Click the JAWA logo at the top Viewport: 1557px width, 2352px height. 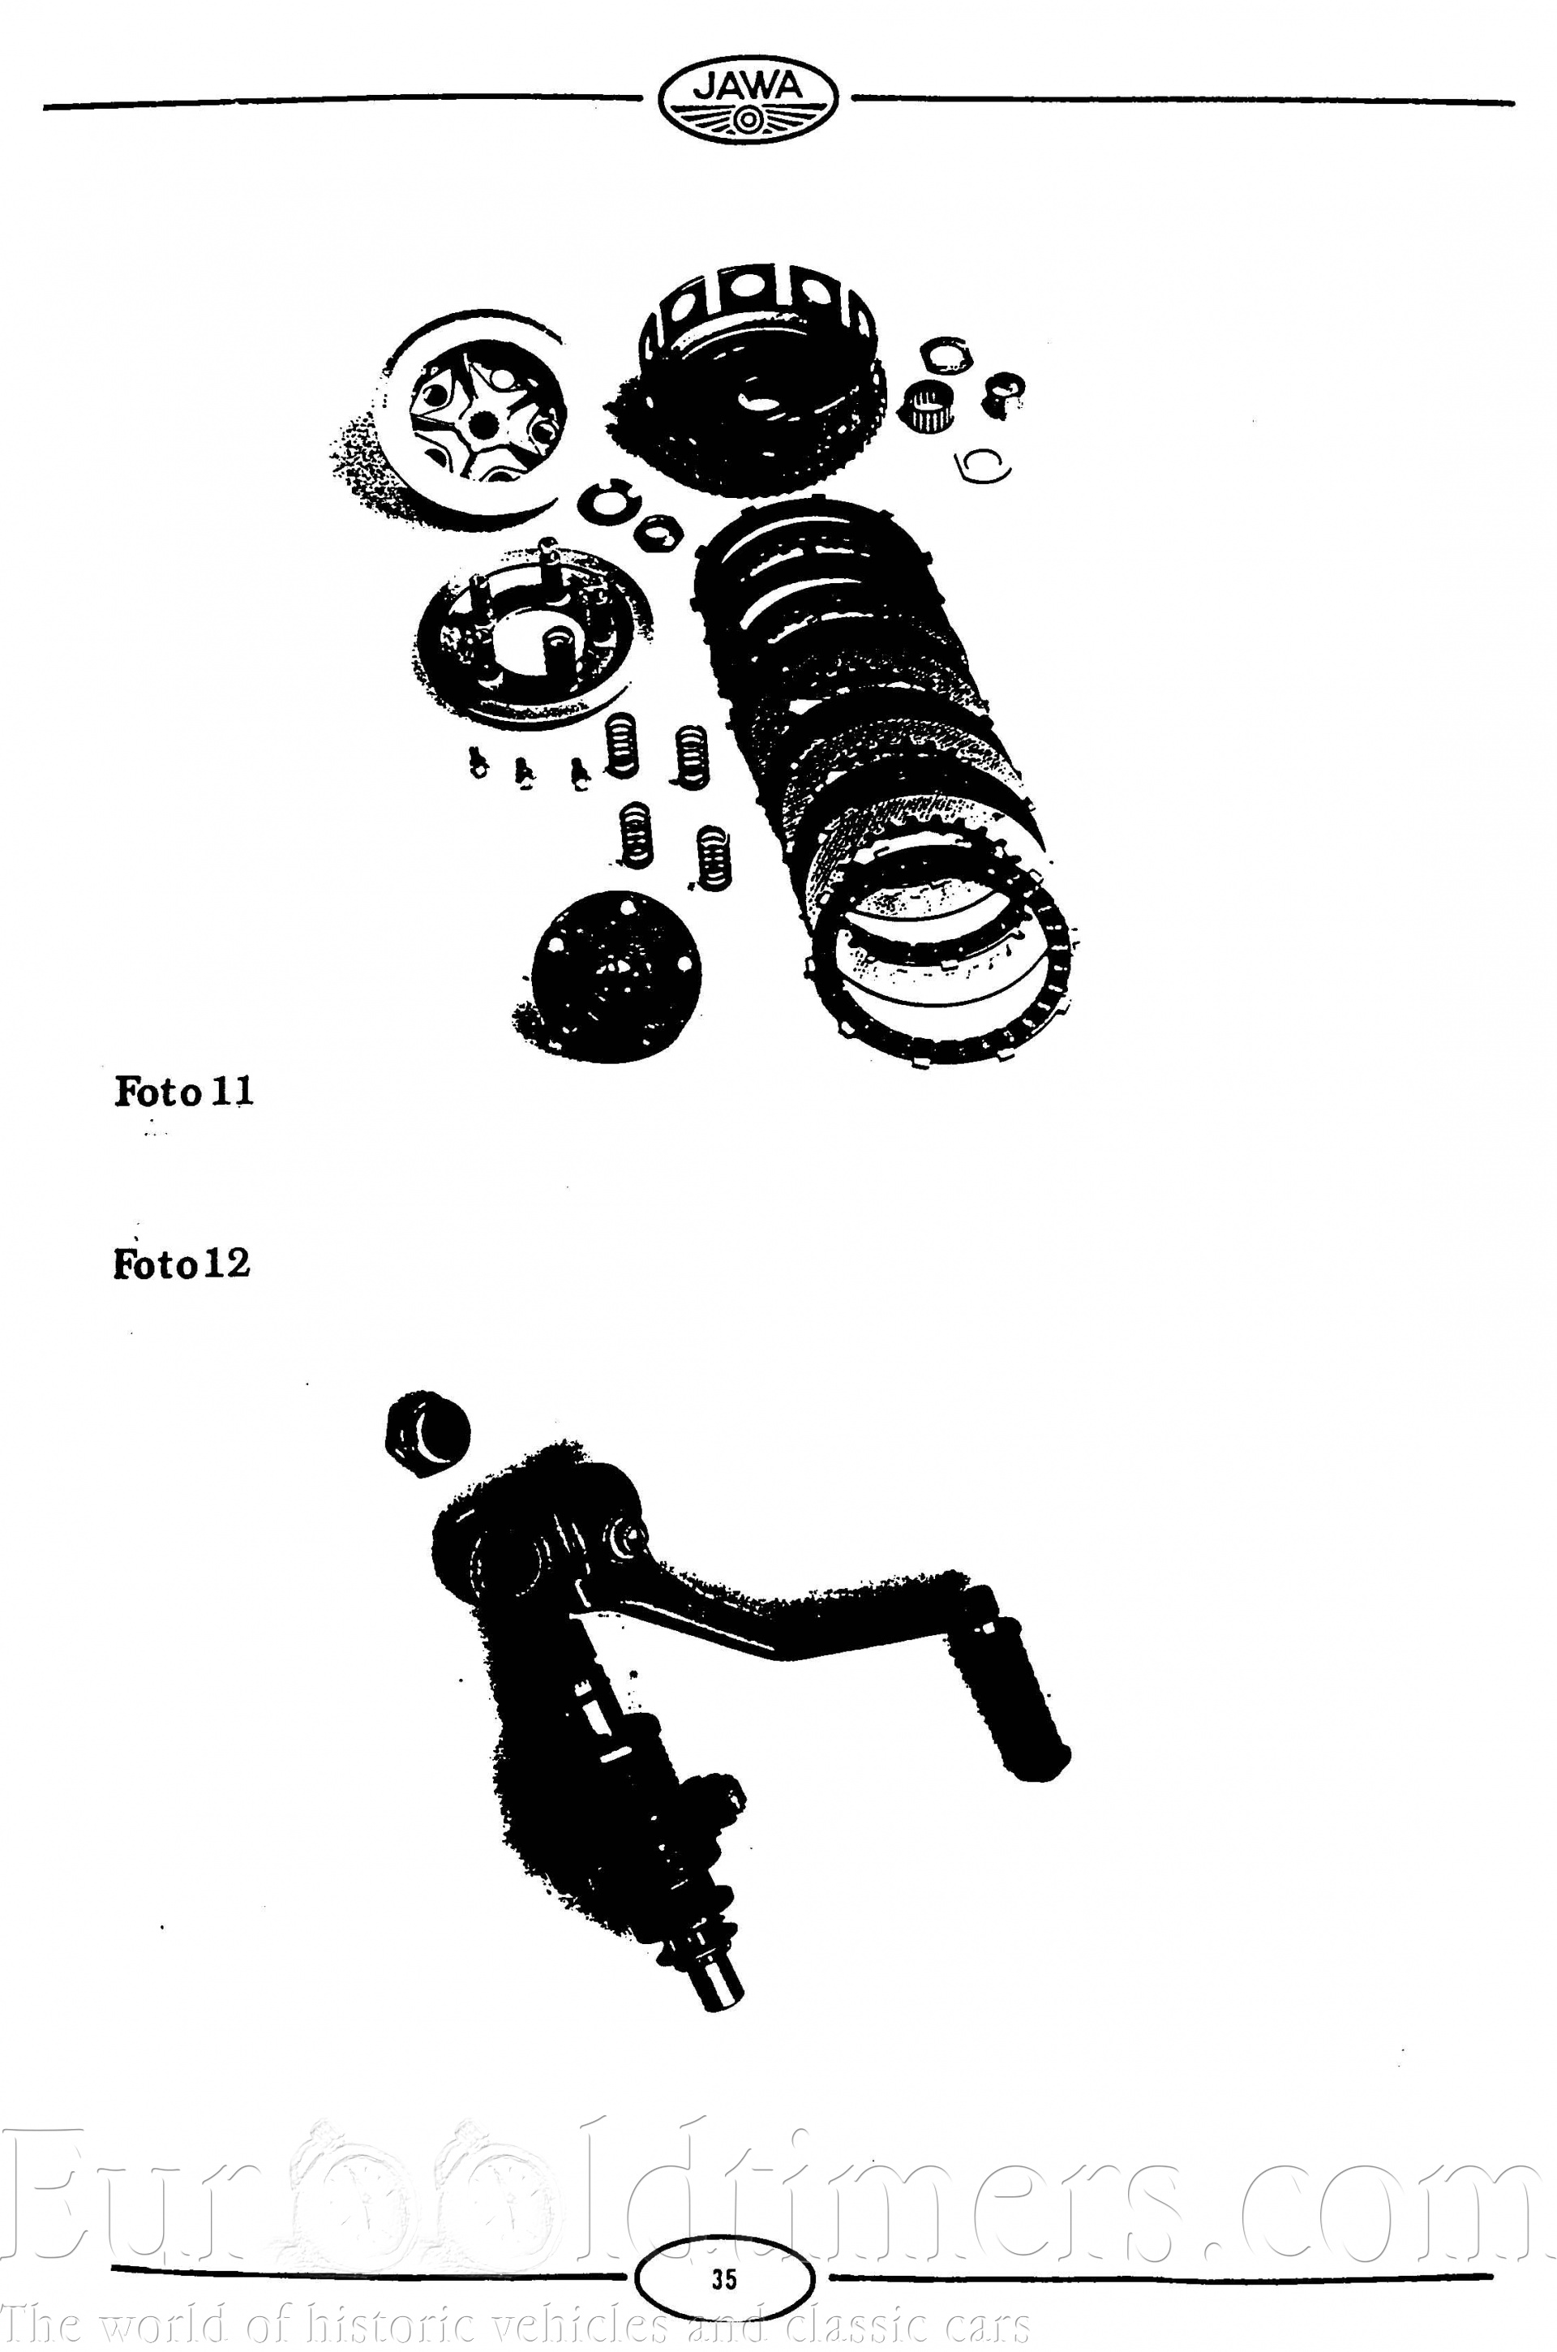pyautogui.click(x=748, y=98)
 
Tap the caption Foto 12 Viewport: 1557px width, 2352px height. pyautogui.click(x=182, y=1264)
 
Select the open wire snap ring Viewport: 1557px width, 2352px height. pyautogui.click(x=982, y=466)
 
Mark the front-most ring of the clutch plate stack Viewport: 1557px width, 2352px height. pyautogui.click(x=938, y=978)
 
